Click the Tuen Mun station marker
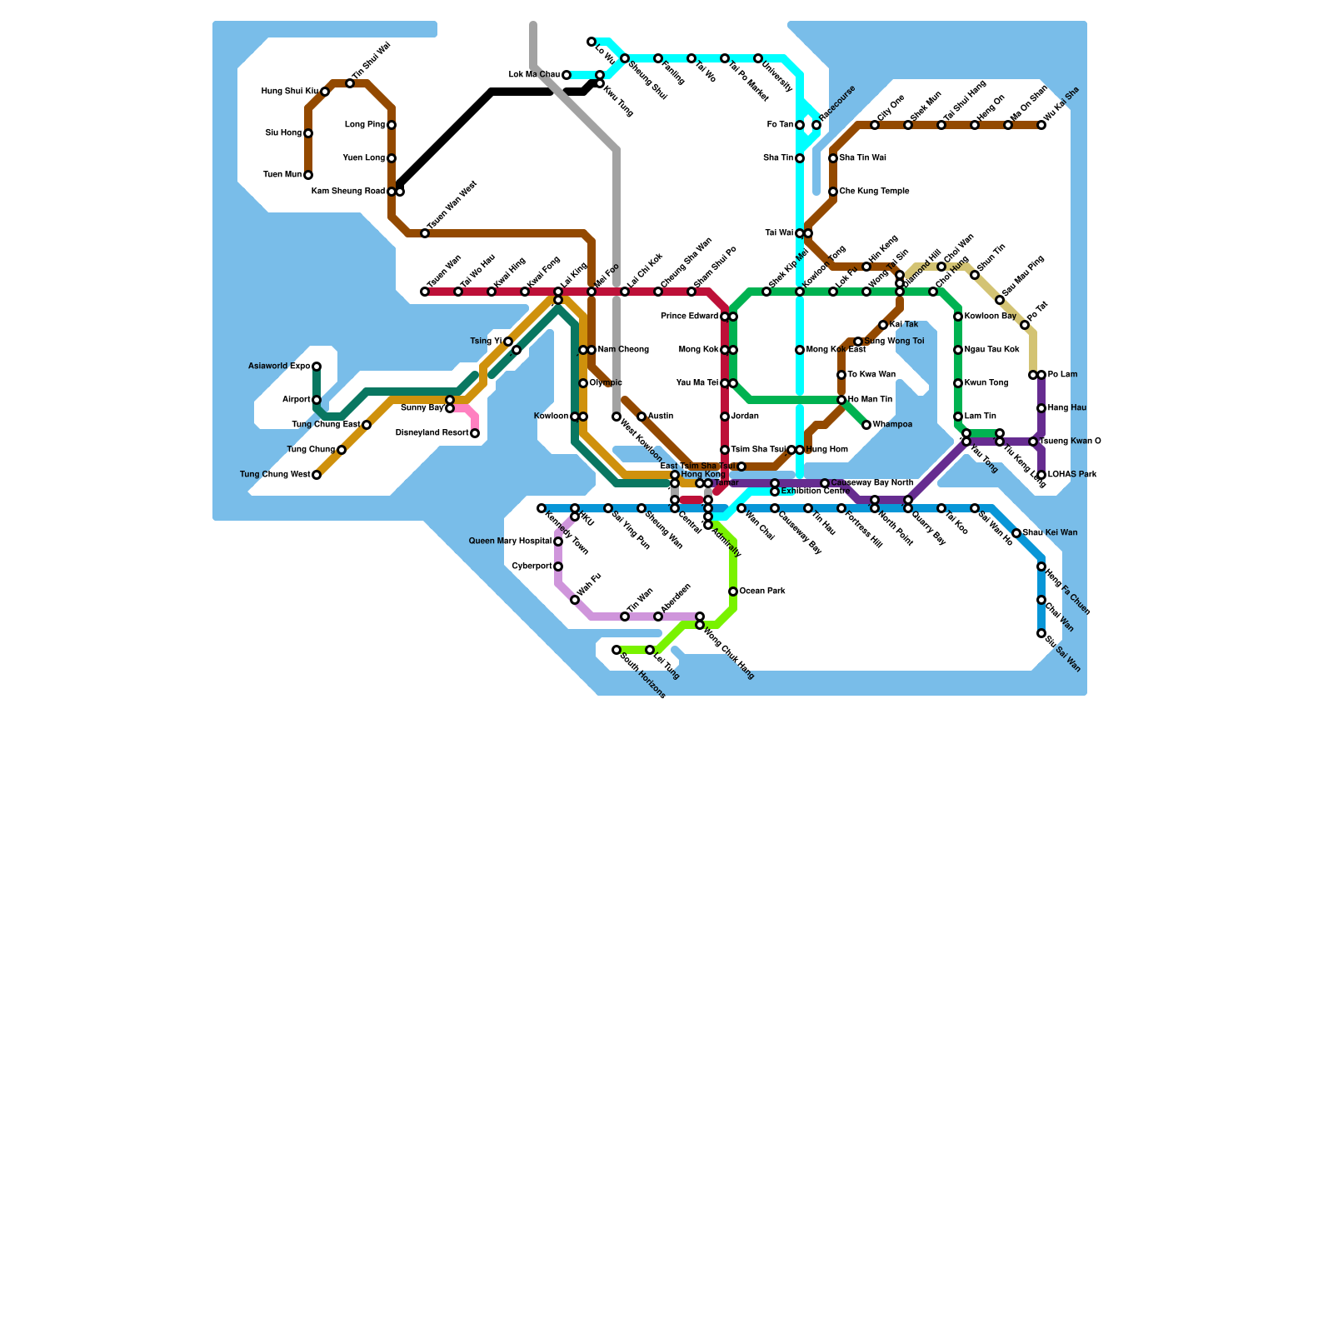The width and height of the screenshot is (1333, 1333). [308, 175]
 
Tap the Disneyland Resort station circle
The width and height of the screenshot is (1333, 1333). [475, 433]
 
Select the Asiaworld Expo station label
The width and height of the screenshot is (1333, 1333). [279, 367]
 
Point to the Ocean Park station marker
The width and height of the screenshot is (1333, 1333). [733, 592]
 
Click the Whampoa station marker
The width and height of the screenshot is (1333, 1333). [866, 425]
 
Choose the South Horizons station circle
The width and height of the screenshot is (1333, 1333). [617, 650]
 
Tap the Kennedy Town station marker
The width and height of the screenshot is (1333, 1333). [542, 508]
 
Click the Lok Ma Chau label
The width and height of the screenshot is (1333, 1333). [534, 75]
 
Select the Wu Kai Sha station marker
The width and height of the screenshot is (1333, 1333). [1041, 125]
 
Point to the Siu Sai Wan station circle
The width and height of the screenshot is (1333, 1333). [1041, 633]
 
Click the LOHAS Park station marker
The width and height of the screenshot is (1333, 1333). [1041, 475]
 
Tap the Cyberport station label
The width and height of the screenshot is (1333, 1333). [532, 567]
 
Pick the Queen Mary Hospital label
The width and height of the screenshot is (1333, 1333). [510, 542]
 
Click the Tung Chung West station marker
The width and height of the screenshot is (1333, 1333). [317, 475]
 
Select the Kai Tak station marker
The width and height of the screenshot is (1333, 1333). [883, 325]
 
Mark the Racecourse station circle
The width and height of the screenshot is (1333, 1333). [816, 125]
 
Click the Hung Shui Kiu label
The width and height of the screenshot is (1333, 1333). [289, 92]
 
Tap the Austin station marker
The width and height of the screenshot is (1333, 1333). [642, 417]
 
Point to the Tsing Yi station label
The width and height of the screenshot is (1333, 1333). [487, 342]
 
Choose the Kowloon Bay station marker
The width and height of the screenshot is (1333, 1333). [958, 317]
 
